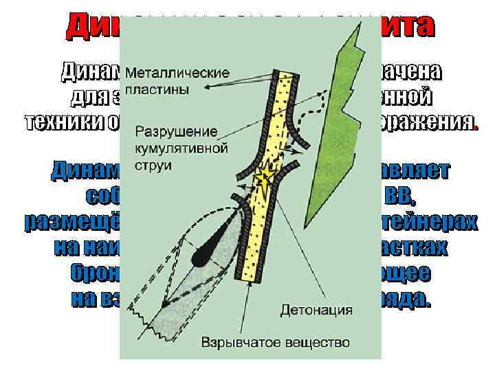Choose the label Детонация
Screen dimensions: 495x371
click(316, 310)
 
